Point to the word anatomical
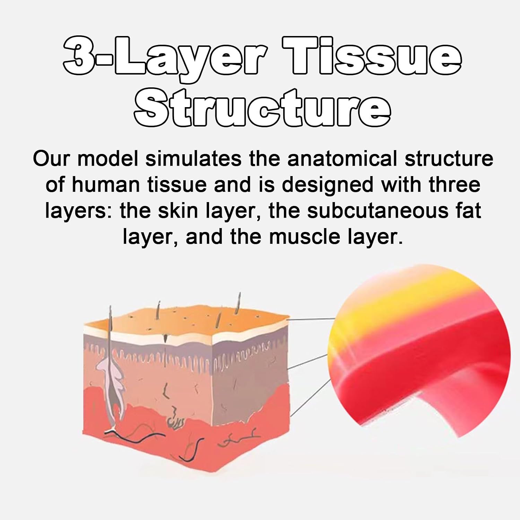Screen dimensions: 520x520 click(x=342, y=159)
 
